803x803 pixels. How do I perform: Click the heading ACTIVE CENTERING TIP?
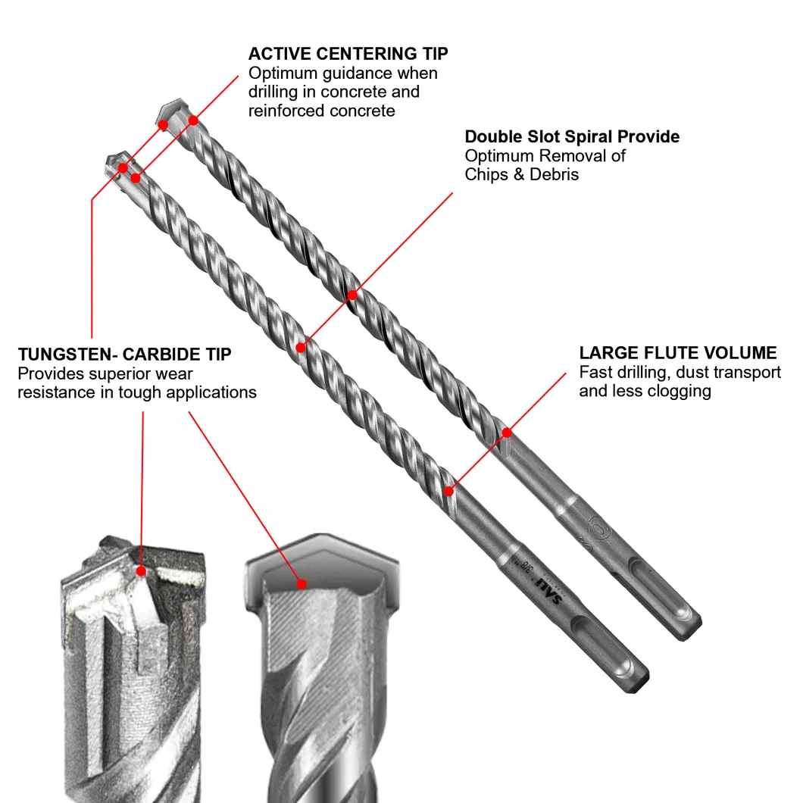[348, 54]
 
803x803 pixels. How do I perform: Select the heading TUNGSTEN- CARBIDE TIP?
[125, 355]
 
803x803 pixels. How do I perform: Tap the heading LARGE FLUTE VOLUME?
[678, 353]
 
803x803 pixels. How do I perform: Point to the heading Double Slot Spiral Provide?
[572, 137]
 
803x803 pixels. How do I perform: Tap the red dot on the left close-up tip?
[140, 570]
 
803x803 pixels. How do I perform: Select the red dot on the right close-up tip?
[302, 584]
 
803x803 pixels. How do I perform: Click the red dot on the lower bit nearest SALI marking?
[449, 490]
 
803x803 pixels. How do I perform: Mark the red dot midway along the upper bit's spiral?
[352, 294]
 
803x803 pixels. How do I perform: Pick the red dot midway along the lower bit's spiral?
[301, 348]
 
